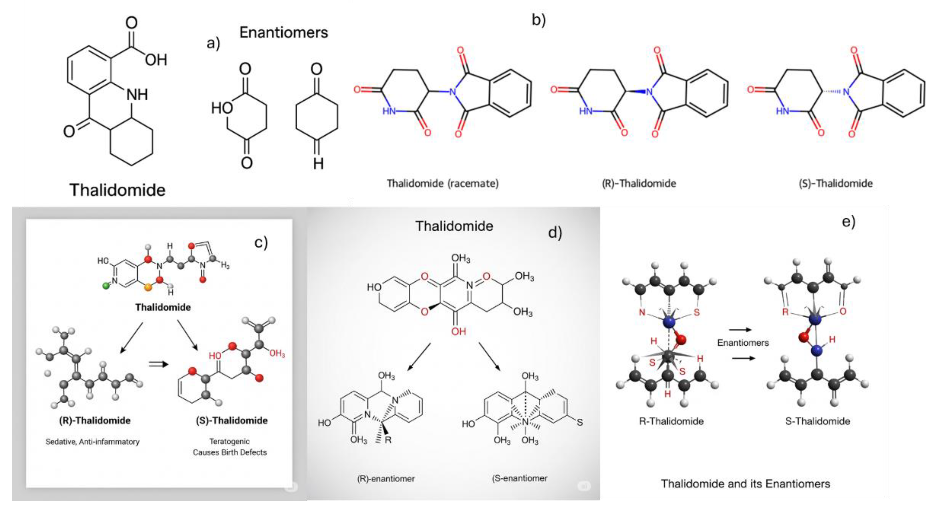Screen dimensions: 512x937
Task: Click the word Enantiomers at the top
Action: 283,33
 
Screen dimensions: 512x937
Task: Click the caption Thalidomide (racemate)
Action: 442,183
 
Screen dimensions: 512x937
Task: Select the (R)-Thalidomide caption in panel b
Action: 639,183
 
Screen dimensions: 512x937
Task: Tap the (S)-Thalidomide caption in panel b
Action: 835,183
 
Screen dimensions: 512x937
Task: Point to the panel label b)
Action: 538,20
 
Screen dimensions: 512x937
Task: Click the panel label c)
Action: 261,242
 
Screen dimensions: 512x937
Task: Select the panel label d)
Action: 555,232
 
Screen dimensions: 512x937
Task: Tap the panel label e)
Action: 848,221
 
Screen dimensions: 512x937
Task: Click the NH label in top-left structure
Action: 137,95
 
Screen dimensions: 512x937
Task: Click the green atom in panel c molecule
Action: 106,286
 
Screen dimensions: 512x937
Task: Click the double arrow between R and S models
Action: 159,364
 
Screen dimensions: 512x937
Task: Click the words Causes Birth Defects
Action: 229,452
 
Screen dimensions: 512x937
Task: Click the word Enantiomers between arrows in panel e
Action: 743,343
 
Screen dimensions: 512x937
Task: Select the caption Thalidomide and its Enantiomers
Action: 745,484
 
